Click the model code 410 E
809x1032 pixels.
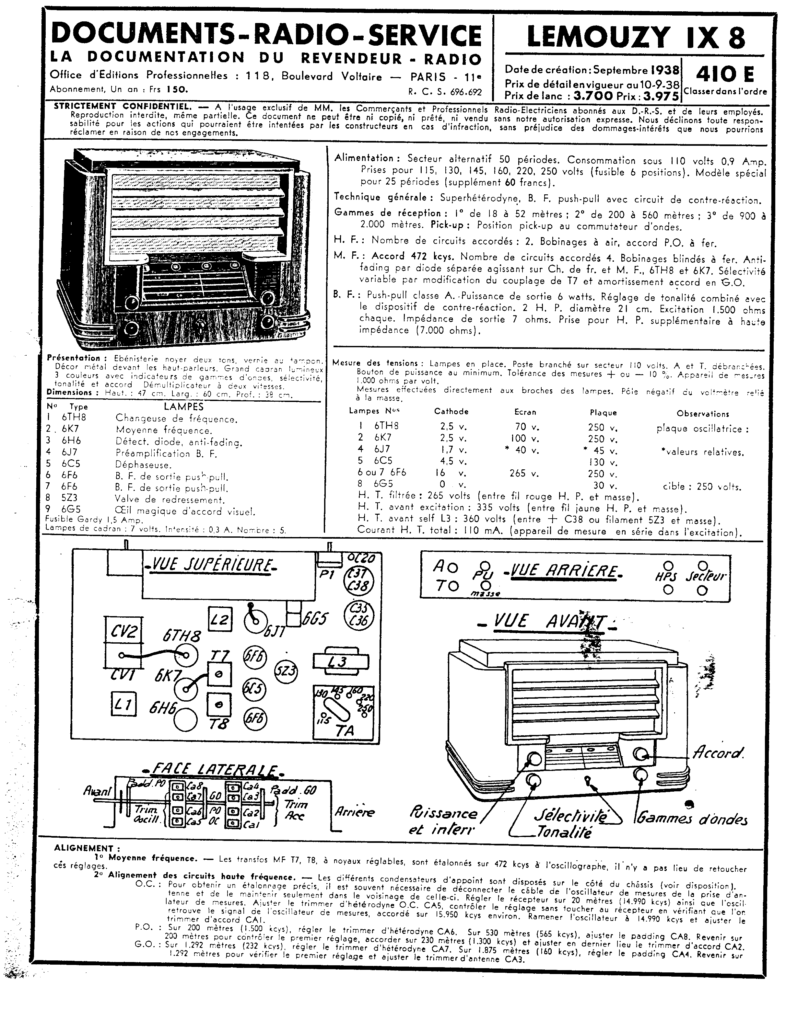click(x=725, y=74)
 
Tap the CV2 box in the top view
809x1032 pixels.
click(x=123, y=632)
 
